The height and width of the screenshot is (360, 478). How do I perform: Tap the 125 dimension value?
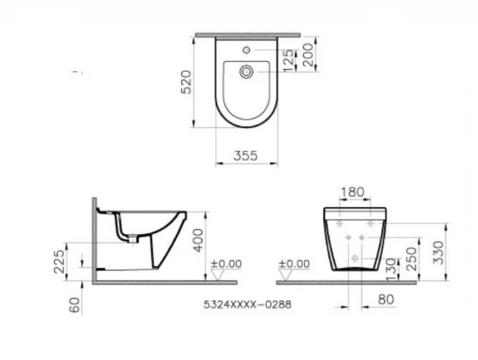289,61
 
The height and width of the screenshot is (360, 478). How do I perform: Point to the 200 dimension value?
309,54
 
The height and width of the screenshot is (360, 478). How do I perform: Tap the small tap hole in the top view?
246,50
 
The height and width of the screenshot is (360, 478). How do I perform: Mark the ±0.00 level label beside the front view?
294,264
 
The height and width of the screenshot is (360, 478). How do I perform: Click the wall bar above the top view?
247,33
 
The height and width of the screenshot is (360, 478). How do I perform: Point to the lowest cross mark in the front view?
355,258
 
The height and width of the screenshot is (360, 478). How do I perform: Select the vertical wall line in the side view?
94,240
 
